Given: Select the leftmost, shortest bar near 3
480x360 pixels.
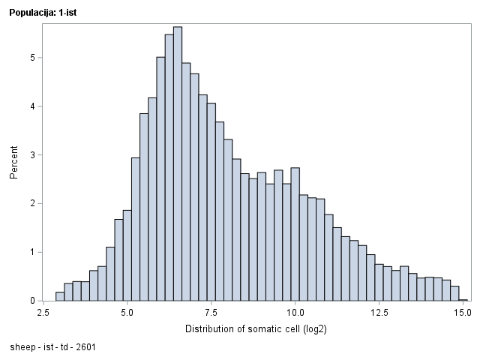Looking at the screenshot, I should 60,296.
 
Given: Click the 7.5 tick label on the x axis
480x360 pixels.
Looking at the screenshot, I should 211,312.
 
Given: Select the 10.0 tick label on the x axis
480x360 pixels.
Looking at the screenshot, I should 295,312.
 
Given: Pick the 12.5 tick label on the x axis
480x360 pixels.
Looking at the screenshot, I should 379,312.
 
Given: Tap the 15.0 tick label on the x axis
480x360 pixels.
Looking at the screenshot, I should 463,312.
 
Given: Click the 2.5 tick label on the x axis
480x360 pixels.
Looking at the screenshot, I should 43,312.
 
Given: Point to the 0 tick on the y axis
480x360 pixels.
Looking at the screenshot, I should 33,301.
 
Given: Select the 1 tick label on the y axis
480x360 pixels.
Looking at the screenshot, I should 33,252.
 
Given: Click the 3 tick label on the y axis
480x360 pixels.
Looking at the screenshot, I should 33,155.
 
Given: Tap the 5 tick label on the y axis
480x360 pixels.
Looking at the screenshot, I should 33,58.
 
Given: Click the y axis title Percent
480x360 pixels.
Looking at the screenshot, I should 13,163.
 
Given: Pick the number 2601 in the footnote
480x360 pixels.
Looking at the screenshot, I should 85,348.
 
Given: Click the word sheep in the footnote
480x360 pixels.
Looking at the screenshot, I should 23,348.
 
